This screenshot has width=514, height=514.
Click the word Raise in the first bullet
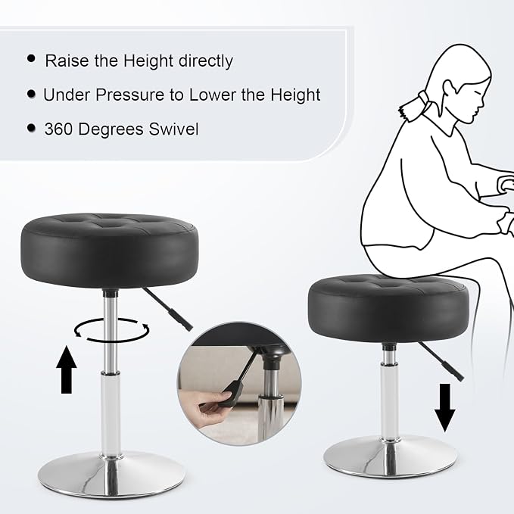[67, 61]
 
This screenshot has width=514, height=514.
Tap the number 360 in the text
[58, 129]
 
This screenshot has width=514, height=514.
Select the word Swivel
[173, 129]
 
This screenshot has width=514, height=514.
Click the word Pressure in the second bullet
[129, 95]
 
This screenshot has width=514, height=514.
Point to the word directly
[206, 61]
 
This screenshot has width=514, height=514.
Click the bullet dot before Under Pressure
[31, 94]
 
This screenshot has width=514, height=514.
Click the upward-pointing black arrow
[67, 369]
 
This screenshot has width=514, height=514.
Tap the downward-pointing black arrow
[444, 407]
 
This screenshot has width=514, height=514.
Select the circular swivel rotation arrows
[111, 330]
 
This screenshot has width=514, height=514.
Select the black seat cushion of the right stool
[388, 308]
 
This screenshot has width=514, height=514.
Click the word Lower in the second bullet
[213, 95]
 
